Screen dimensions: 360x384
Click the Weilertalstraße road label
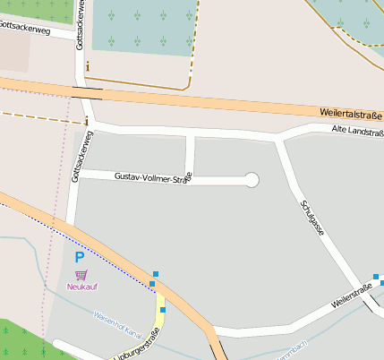pyautogui.click(x=350, y=114)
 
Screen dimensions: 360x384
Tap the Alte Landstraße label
pyautogui.click(x=356, y=133)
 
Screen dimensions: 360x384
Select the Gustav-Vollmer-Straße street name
pyautogui.click(x=153, y=178)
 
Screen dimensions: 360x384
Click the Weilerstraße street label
pyautogui.click(x=351, y=296)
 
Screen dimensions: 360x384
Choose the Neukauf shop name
pyautogui.click(x=81, y=287)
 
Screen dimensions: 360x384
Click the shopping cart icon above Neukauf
pyautogui.click(x=81, y=274)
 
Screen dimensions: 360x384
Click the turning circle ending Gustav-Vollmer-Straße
pyautogui.click(x=252, y=180)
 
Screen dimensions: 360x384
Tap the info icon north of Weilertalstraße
pyautogui.click(x=87, y=65)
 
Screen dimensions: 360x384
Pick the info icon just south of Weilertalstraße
pyautogui.click(x=86, y=121)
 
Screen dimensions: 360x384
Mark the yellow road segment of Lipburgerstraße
pyautogui.click(x=159, y=317)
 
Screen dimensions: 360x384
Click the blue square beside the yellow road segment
pyautogui.click(x=163, y=310)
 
